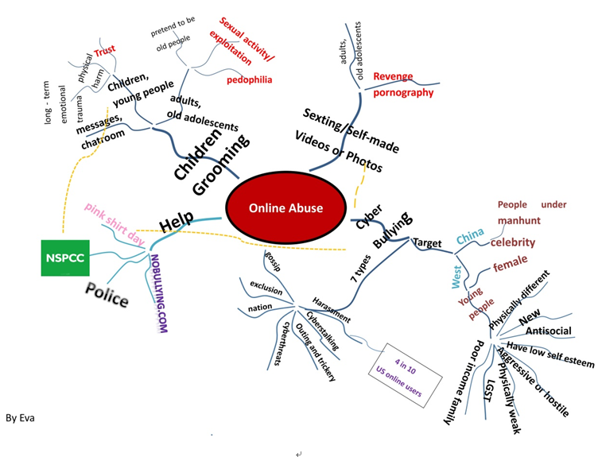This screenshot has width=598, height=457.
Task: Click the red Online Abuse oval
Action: (285, 208)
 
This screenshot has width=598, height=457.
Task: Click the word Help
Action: (176, 221)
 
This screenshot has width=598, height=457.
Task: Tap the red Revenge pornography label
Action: (404, 84)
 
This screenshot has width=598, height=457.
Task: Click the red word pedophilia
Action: (249, 79)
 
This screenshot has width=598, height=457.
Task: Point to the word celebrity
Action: (512, 242)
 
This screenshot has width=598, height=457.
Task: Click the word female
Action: (510, 266)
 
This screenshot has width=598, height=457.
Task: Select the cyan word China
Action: (469, 236)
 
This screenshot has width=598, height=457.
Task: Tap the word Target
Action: (427, 243)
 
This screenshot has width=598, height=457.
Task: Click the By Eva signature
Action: (19, 417)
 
